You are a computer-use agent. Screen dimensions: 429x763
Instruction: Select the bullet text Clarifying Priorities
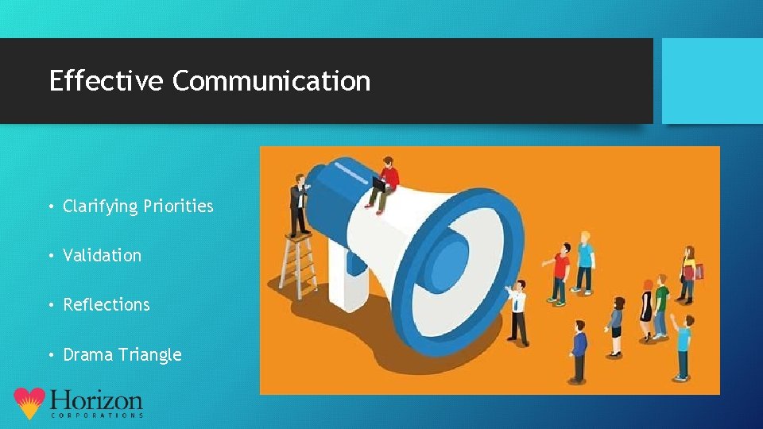(x=138, y=207)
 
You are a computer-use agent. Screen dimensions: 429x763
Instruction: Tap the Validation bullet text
(x=103, y=256)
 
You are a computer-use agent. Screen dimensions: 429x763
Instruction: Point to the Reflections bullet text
(x=107, y=305)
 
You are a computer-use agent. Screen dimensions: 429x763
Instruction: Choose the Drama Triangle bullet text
(x=122, y=354)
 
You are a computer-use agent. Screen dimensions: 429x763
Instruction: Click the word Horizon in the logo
(x=95, y=400)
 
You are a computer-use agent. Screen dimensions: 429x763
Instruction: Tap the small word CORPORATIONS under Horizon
(x=97, y=415)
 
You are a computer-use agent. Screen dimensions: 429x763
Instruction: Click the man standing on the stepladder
(x=300, y=203)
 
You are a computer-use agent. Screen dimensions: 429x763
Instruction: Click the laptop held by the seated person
(x=378, y=184)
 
